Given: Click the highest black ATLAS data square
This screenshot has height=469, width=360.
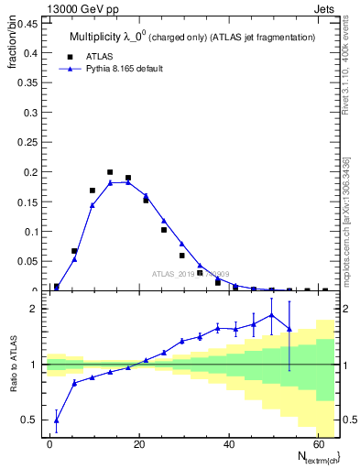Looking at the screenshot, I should tap(110, 172).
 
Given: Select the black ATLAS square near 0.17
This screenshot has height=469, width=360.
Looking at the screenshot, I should tap(93, 191).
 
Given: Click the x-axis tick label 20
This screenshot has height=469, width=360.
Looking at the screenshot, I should tap(138, 444).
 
